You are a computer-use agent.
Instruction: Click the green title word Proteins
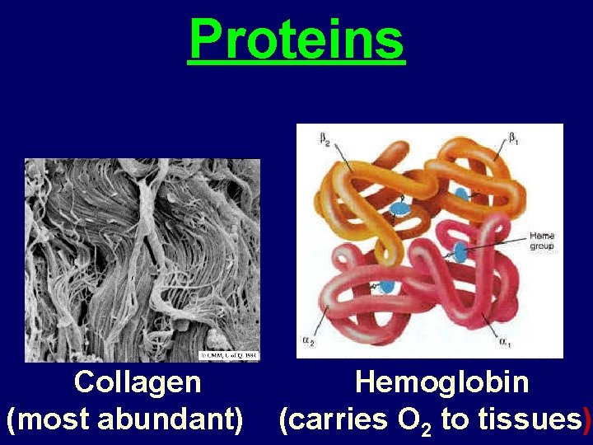[x=296, y=40]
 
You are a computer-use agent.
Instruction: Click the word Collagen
[x=137, y=382]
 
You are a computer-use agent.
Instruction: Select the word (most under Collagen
[x=49, y=419]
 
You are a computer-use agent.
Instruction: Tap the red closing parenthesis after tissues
[x=586, y=419]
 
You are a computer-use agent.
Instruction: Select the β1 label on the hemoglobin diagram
[x=516, y=137]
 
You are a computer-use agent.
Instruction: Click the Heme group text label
[x=541, y=241]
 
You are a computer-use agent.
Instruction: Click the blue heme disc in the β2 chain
[x=399, y=208]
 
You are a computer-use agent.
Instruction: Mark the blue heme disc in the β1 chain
[x=460, y=195]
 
